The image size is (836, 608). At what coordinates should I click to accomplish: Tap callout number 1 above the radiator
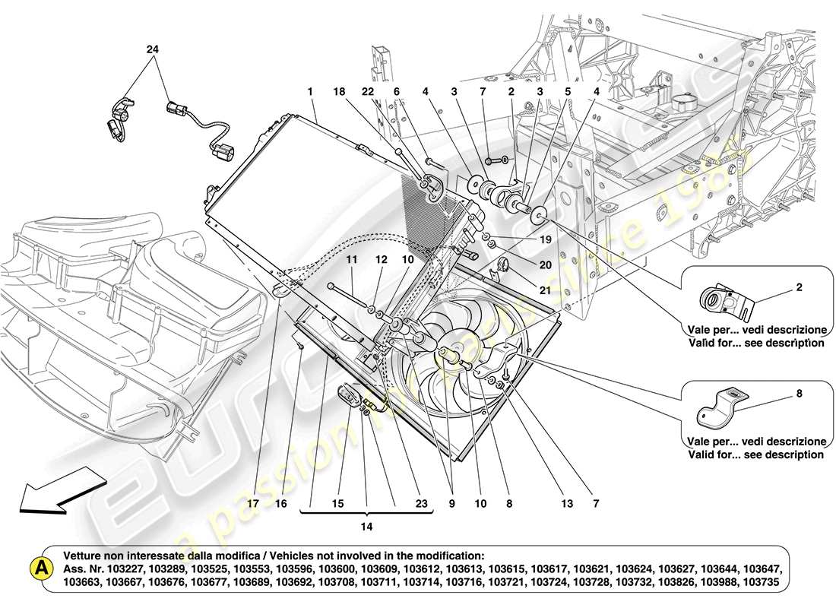click(x=310, y=90)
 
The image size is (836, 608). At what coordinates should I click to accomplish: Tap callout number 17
click(x=252, y=502)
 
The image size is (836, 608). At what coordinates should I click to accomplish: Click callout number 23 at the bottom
click(x=421, y=502)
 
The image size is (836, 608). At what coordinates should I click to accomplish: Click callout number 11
click(x=351, y=260)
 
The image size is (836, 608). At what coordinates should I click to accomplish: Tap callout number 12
click(x=381, y=260)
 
